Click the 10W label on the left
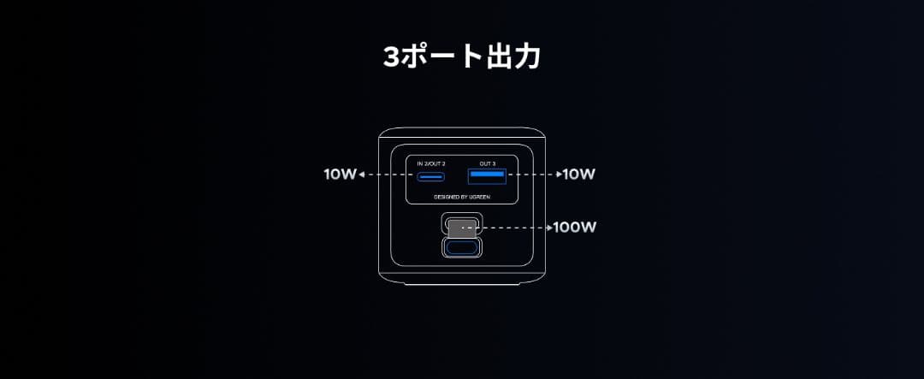(x=339, y=175)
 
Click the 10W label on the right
(x=579, y=175)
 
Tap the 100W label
(x=575, y=228)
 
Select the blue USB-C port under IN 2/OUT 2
(x=430, y=178)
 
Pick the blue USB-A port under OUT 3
(x=486, y=176)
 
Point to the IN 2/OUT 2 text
(x=431, y=163)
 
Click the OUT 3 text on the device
(x=488, y=163)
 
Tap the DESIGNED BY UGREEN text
(x=462, y=197)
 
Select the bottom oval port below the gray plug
(x=462, y=247)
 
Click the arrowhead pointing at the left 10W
(x=362, y=175)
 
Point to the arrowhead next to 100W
(x=550, y=228)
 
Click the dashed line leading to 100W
(x=513, y=228)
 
